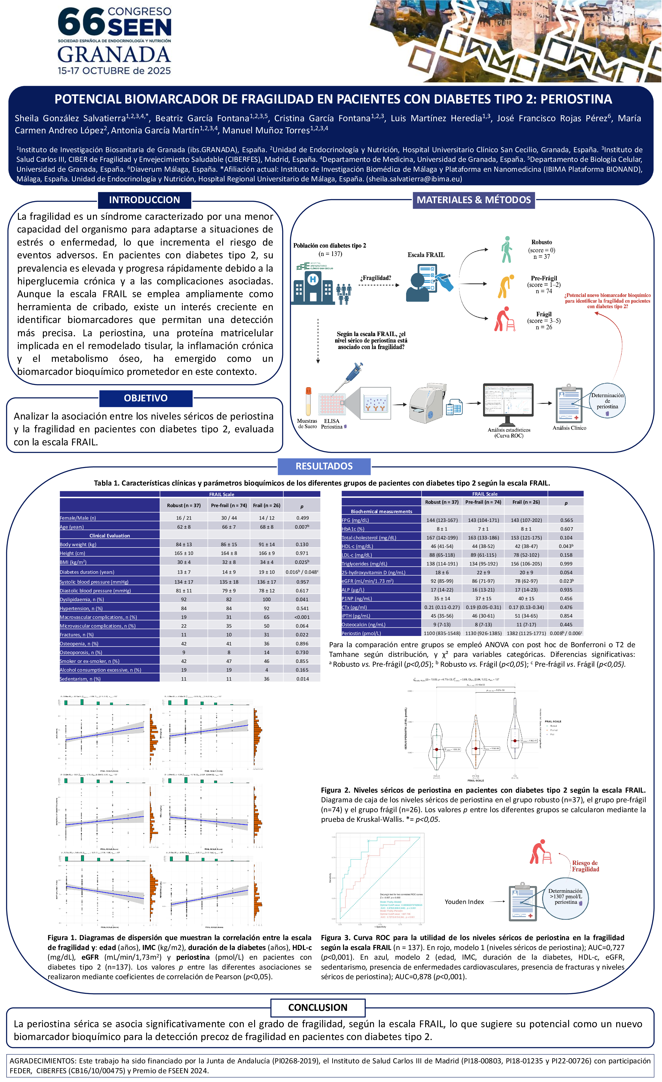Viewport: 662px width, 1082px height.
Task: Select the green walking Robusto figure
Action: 507,249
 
